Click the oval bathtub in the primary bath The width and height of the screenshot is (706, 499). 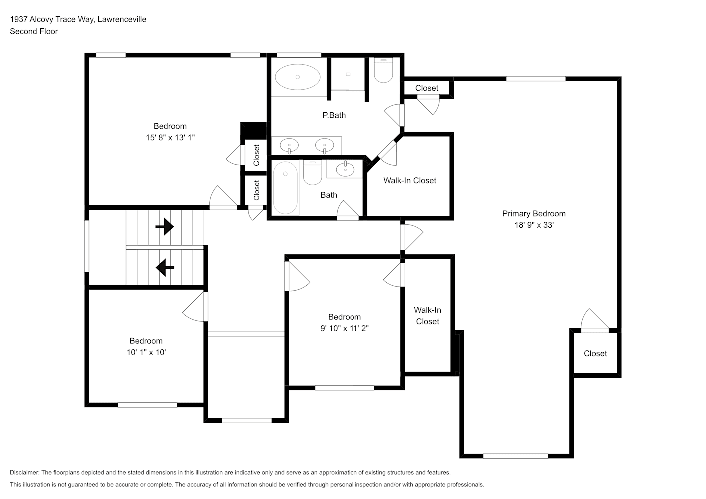coord(297,77)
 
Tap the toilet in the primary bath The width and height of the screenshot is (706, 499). coord(383,70)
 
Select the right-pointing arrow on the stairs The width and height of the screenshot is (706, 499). coord(165,226)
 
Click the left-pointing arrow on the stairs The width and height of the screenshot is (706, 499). coord(165,268)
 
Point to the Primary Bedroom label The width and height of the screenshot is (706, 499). coord(534,213)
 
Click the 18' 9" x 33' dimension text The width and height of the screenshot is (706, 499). coord(534,225)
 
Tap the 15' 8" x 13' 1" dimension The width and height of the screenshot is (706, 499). coord(170,137)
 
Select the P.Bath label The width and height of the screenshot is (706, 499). coord(334,115)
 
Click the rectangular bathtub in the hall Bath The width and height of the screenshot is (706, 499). coord(285,188)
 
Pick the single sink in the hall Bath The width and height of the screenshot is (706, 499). coord(345,169)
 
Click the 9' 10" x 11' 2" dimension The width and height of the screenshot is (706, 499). coord(345,328)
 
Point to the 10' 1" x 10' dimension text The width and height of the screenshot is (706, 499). coord(146,352)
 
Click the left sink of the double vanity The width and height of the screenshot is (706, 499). coord(289,146)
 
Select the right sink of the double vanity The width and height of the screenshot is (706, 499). coord(325,146)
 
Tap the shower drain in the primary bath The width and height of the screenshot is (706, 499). coord(348,74)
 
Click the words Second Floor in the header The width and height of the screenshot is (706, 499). coord(34,31)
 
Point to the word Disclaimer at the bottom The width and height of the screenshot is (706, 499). coord(25,472)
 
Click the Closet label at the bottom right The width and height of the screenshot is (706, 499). coord(595,353)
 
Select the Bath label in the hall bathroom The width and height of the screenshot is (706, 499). coord(329,195)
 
